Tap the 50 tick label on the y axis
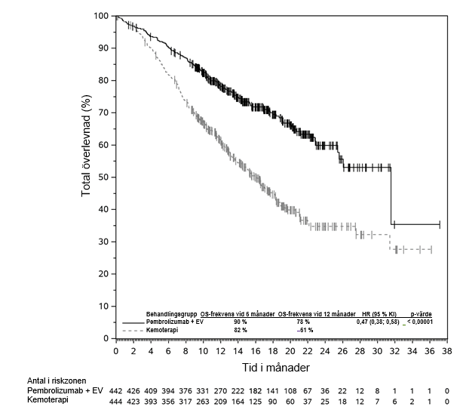coord(105,177)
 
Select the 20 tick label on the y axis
coord(105,274)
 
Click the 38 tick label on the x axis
coord(448,351)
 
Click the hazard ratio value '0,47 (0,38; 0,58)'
coord(379,322)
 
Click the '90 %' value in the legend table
coord(239,322)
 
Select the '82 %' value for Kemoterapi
coord(239,330)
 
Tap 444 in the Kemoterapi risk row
coord(115,402)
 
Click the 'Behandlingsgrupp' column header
coord(171,313)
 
